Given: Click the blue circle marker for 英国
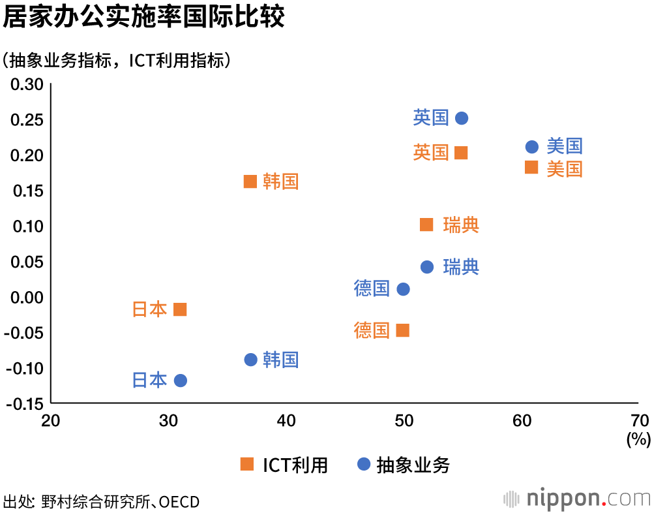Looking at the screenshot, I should click(x=462, y=118).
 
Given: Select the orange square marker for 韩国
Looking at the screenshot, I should click(x=250, y=181).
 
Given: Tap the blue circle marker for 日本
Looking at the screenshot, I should click(x=181, y=381).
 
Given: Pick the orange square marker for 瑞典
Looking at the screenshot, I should click(x=426, y=225).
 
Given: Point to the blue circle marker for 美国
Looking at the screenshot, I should click(x=532, y=147).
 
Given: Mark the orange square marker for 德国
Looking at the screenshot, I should click(x=403, y=330).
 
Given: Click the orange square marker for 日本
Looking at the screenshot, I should click(x=181, y=309).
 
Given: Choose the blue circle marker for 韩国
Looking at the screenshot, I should click(x=250, y=360).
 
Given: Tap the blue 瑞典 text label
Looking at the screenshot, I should click(x=461, y=267).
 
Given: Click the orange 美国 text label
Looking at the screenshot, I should click(x=564, y=169).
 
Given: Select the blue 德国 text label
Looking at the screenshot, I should click(x=372, y=288).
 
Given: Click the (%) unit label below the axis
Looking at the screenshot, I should click(x=638, y=439).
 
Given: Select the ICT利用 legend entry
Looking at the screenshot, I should click(x=284, y=465).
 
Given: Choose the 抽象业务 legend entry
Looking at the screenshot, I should click(x=404, y=465).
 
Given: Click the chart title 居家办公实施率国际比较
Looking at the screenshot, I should click(x=143, y=17).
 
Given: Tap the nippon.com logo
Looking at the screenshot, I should click(x=578, y=499).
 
